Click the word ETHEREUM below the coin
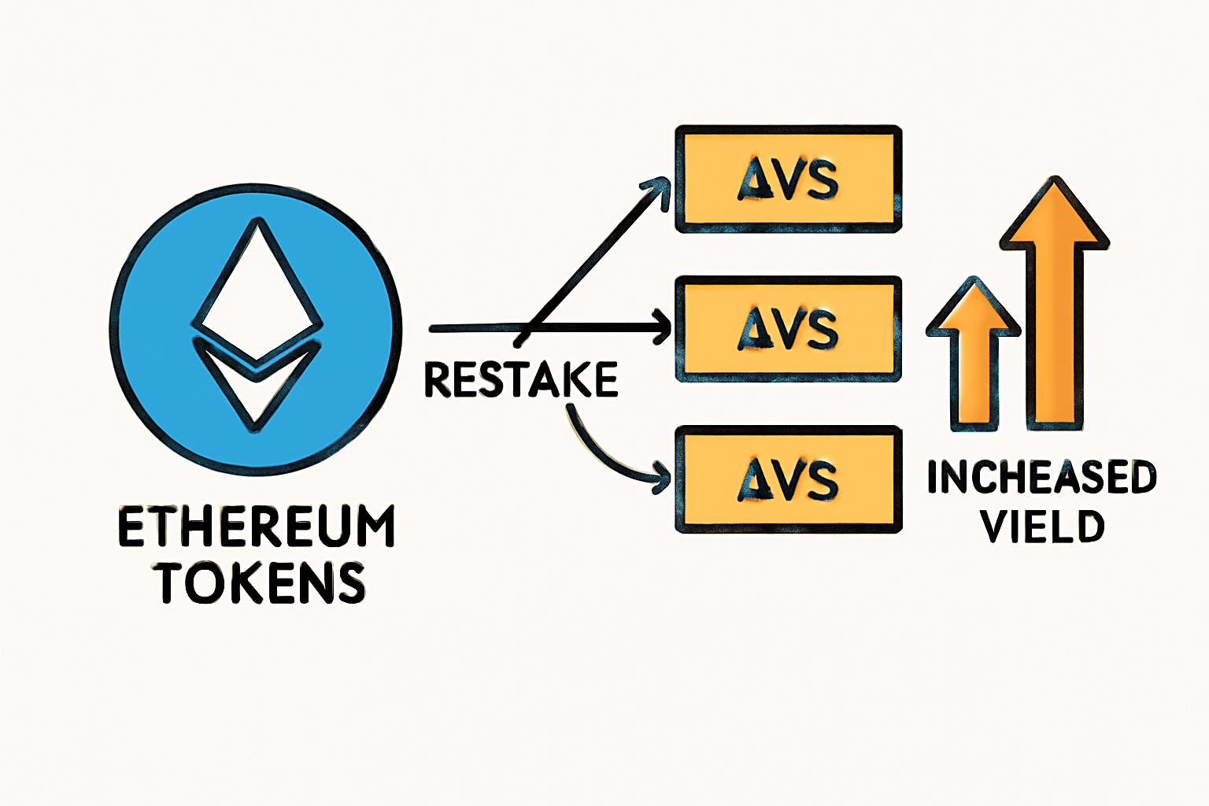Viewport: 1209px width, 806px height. pos(257,527)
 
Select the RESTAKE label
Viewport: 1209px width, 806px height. pos(520,379)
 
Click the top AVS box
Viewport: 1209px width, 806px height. pos(788,179)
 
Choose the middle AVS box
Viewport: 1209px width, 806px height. pos(788,329)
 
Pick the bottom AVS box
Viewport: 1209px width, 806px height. pos(788,479)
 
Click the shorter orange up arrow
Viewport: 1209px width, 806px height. pos(974,354)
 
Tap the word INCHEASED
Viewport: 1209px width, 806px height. pos(1041,478)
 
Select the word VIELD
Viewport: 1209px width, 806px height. pos(1042,527)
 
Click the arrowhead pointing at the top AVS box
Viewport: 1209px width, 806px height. pos(658,189)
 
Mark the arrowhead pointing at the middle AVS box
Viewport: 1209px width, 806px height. pos(661,328)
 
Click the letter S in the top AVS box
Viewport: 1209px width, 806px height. pos(822,180)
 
